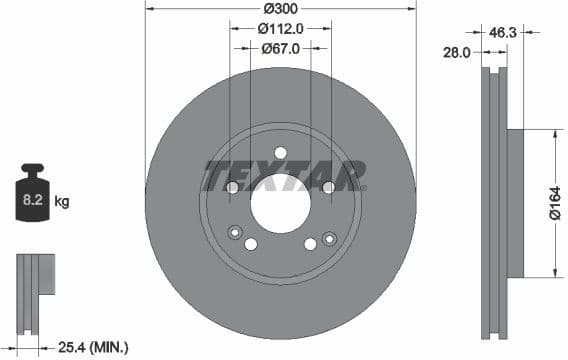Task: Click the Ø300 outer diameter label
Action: tap(281, 8)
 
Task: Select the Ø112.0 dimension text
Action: tap(281, 28)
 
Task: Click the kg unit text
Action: tap(61, 202)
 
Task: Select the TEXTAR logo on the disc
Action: tap(283, 176)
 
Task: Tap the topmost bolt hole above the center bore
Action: tap(280, 152)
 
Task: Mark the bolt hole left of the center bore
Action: tap(233, 187)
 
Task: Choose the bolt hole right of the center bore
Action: tap(328, 187)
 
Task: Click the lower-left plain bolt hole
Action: tap(251, 244)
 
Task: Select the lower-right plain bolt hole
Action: tap(310, 244)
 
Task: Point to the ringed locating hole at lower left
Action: tap(235, 233)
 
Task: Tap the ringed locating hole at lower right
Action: tap(327, 238)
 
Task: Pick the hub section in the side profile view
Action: tap(516, 204)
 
